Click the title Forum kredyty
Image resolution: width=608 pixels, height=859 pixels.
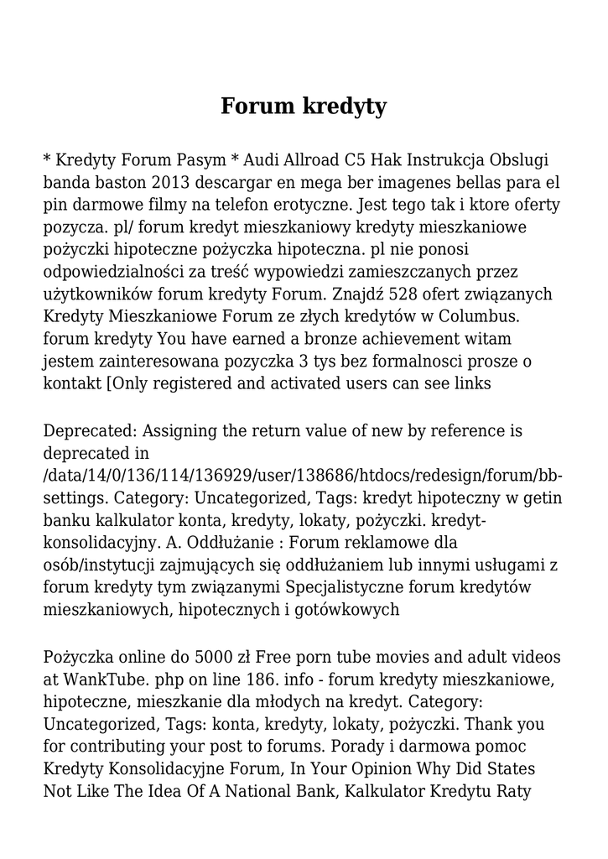tap(304, 107)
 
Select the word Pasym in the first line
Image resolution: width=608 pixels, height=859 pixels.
tap(202, 160)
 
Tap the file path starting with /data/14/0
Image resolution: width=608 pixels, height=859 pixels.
tap(303, 476)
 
